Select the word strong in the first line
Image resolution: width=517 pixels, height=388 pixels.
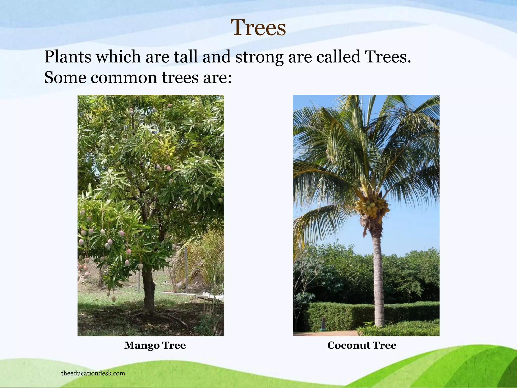pyautogui.click(x=259, y=57)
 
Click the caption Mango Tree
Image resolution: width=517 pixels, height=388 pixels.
pyautogui.click(x=155, y=345)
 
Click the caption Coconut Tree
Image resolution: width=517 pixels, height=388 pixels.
pyautogui.click(x=362, y=345)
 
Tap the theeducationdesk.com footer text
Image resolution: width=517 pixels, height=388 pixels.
pyautogui.click(x=93, y=373)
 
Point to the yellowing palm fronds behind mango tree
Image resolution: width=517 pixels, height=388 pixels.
pyautogui.click(x=199, y=255)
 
